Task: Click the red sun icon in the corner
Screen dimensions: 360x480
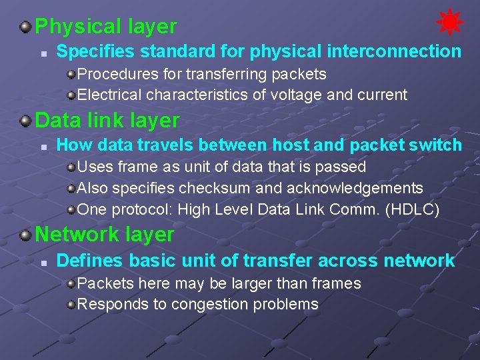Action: point(449,23)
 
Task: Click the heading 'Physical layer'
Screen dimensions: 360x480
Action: point(105,27)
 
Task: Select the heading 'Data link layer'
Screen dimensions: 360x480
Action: point(107,121)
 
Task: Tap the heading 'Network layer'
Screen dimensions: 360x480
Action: point(104,235)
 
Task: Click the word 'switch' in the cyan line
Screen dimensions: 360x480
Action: point(437,145)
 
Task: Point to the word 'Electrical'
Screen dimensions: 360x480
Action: point(110,95)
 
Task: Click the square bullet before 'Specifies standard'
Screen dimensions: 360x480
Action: point(42,52)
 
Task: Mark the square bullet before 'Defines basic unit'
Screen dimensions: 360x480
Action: point(42,261)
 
